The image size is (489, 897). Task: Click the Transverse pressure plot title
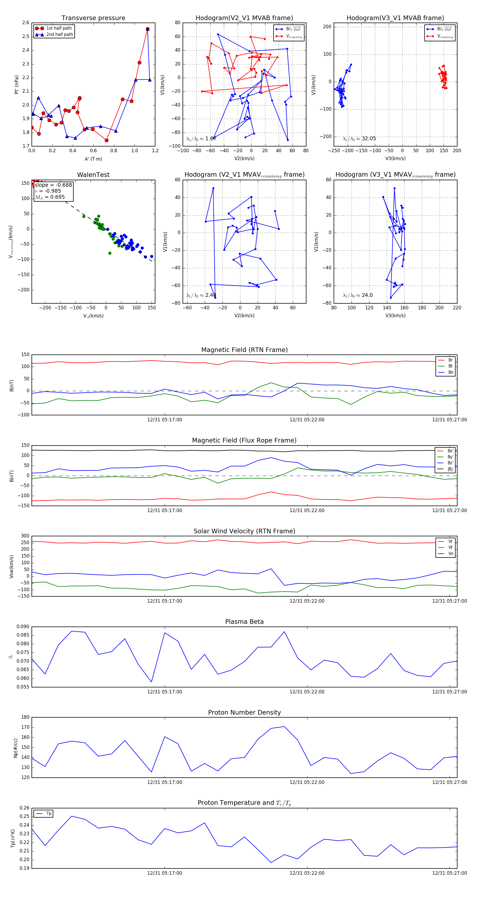click(x=93, y=18)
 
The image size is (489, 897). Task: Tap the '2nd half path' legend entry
click(x=59, y=35)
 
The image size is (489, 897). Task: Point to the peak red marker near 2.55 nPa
click(x=148, y=29)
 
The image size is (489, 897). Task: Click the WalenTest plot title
click(x=93, y=175)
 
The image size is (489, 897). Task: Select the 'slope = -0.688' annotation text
click(x=53, y=185)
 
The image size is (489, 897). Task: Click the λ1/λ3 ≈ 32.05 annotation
click(x=359, y=139)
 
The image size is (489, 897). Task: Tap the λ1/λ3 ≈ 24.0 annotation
click(x=358, y=295)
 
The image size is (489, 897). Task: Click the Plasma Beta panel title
click(x=244, y=622)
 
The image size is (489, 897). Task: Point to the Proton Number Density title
click(x=244, y=712)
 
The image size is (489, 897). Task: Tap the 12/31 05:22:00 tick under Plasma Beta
click(x=307, y=692)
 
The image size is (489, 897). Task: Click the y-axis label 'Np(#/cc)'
click(x=15, y=747)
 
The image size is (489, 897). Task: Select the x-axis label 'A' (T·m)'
click(x=93, y=159)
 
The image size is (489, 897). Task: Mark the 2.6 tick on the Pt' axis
click(x=26, y=23)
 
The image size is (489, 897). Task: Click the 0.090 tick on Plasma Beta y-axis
click(x=23, y=627)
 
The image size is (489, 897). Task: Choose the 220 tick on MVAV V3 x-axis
click(x=457, y=308)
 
